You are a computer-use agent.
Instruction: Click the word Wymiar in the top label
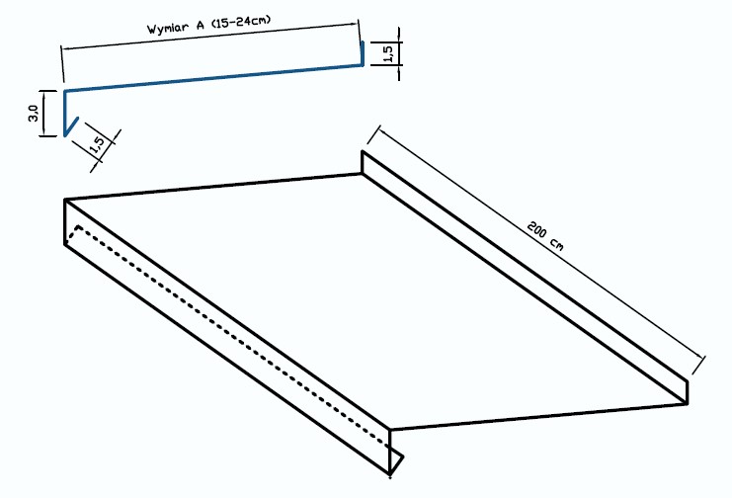pyautogui.click(x=169, y=28)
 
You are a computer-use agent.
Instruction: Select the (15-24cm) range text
pyautogui.click(x=241, y=22)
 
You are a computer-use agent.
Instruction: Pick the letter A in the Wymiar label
pyautogui.click(x=201, y=25)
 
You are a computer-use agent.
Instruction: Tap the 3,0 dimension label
pyautogui.click(x=34, y=113)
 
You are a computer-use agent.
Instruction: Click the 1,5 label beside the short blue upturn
pyautogui.click(x=388, y=52)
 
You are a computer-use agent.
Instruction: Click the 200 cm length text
pyautogui.click(x=545, y=236)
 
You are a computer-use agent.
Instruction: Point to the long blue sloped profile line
pyautogui.click(x=213, y=77)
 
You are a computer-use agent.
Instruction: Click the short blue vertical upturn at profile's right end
pyautogui.click(x=363, y=53)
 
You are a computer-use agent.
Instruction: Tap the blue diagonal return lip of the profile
pyautogui.click(x=71, y=126)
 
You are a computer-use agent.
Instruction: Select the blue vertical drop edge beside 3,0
pyautogui.click(x=65, y=113)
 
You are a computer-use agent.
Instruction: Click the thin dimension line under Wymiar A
pyautogui.click(x=210, y=35)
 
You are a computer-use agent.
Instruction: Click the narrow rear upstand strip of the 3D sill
pyautogui.click(x=525, y=277)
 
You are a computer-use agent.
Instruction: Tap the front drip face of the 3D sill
pyautogui.click(x=227, y=337)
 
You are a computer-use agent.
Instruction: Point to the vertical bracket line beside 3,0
pyautogui.click(x=43, y=113)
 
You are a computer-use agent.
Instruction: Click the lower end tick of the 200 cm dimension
pyautogui.click(x=698, y=365)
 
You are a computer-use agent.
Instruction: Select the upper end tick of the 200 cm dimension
pyautogui.click(x=374, y=135)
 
